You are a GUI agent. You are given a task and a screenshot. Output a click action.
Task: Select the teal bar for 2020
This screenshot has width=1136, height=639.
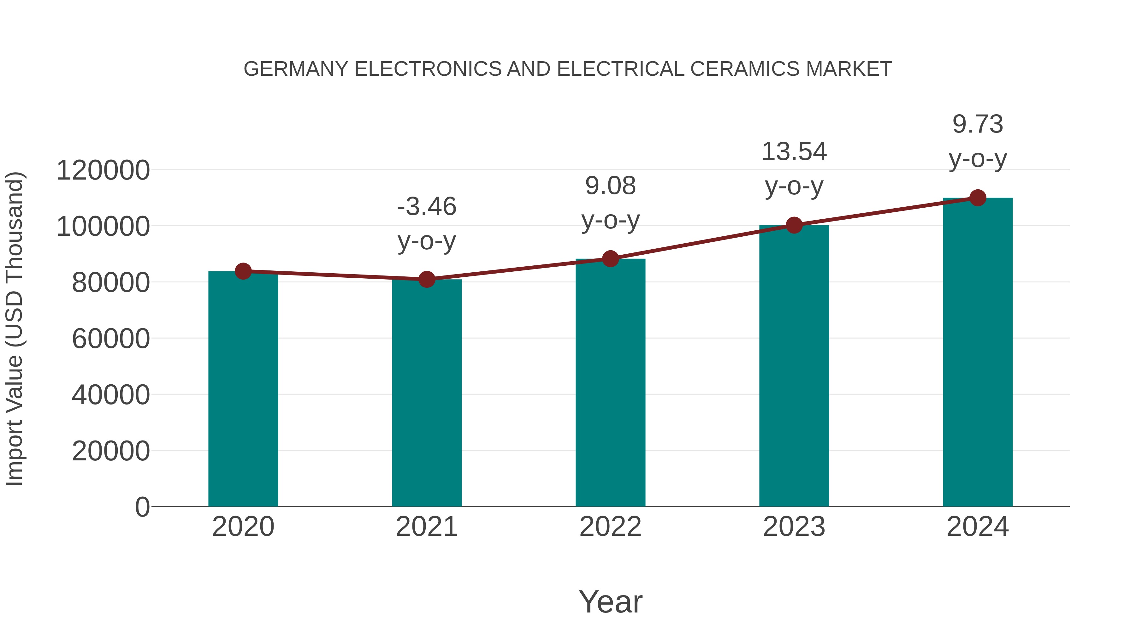(x=243, y=388)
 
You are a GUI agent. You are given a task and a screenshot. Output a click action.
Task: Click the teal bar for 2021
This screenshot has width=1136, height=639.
(x=426, y=393)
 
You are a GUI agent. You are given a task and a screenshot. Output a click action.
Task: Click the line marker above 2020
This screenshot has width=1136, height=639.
(x=243, y=271)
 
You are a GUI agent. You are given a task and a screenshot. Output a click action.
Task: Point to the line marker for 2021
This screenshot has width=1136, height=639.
(x=426, y=279)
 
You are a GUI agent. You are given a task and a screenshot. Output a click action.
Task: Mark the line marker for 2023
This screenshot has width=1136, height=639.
(x=794, y=225)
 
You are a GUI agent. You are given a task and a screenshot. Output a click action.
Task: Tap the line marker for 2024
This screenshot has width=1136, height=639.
(x=978, y=198)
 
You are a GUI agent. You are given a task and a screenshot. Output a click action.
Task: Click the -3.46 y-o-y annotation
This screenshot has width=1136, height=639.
(x=426, y=224)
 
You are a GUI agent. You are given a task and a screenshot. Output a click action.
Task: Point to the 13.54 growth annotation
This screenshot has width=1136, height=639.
(x=794, y=169)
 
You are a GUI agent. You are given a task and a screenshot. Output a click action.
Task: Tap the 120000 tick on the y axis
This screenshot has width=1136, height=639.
(x=103, y=170)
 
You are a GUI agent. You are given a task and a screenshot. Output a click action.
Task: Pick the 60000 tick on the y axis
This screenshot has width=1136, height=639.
(x=111, y=339)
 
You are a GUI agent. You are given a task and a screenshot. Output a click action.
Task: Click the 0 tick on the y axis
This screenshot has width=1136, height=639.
(x=142, y=507)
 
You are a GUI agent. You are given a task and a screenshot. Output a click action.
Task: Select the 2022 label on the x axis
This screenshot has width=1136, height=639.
(x=610, y=527)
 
